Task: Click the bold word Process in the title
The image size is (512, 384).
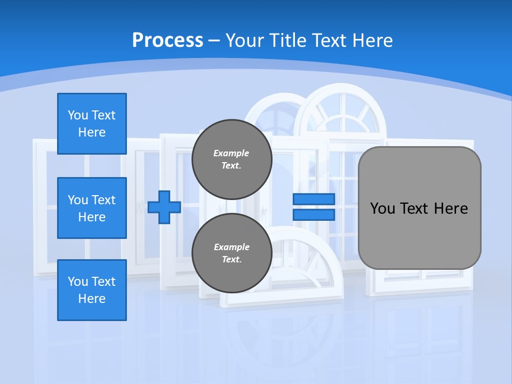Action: [167, 40]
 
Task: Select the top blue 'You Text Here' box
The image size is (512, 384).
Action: [92, 124]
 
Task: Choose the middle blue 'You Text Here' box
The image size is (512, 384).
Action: [92, 208]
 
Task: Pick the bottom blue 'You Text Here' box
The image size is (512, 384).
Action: [92, 290]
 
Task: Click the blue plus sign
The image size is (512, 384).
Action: [164, 207]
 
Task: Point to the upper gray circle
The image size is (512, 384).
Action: [231, 159]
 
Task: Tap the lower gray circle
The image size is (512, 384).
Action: [231, 253]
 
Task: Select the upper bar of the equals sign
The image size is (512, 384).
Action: [314, 199]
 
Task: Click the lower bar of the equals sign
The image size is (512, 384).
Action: [314, 214]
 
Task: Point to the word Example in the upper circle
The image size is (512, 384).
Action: [231, 154]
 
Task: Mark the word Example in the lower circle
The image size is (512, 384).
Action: [231, 247]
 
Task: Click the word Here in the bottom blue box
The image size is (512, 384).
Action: [92, 299]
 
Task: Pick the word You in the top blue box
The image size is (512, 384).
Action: [78, 115]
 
